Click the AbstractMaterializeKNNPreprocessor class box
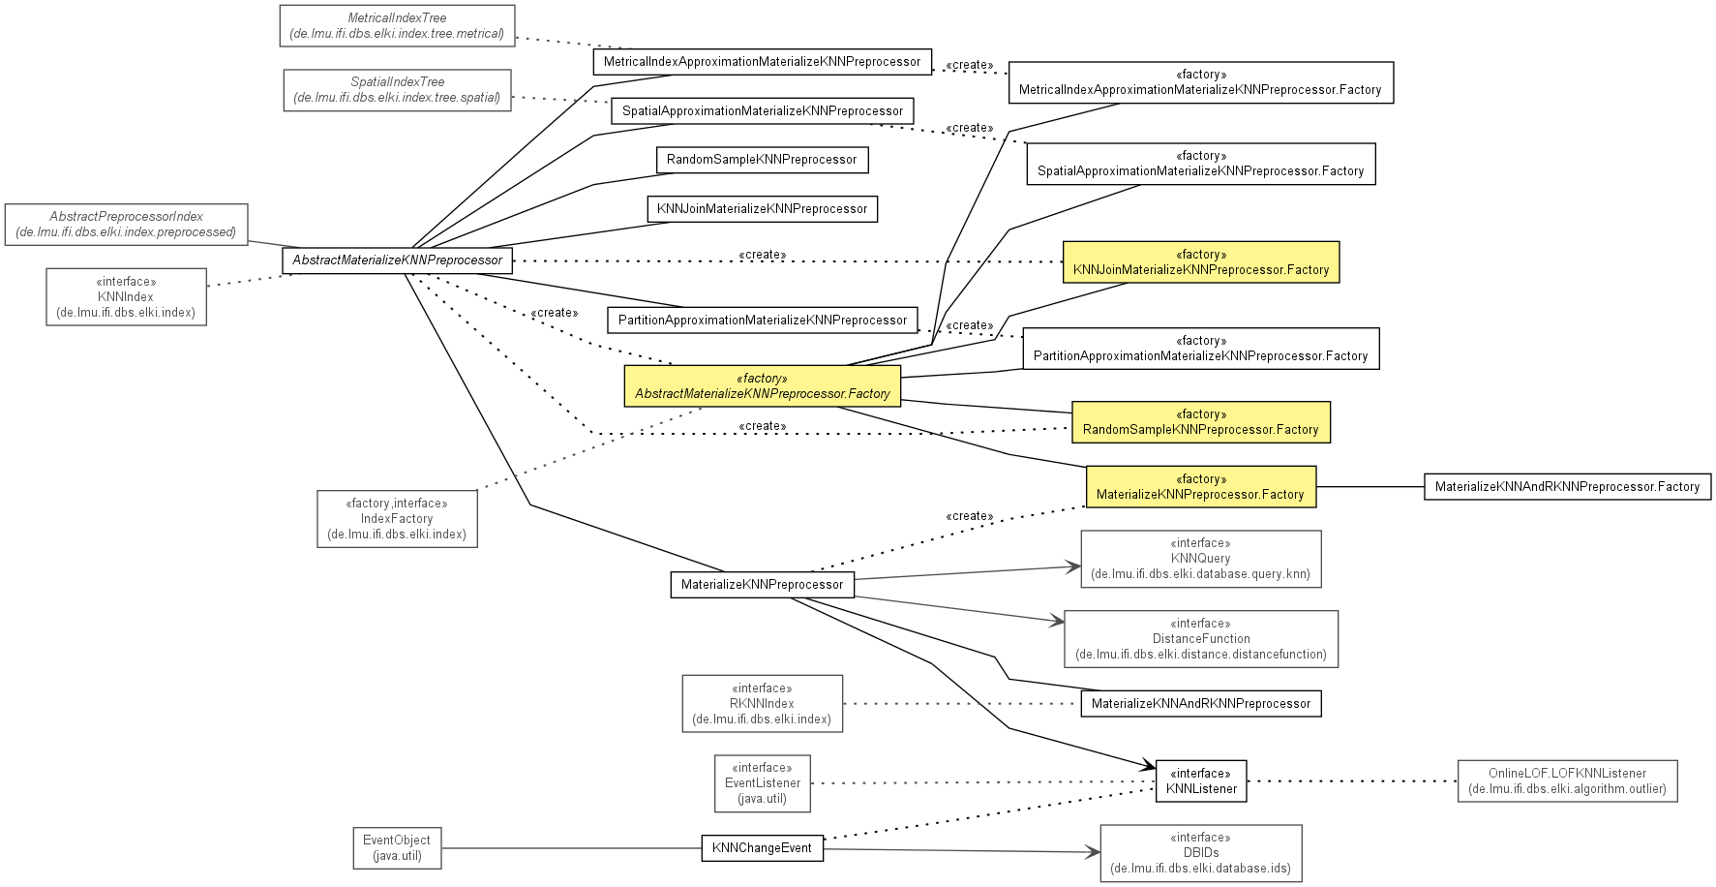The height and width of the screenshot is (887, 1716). pos(397,260)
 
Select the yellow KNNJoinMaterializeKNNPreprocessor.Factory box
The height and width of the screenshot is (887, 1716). pos(1201,262)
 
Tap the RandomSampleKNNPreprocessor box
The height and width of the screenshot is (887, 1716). pos(762,160)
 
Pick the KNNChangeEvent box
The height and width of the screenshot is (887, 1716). pos(762,848)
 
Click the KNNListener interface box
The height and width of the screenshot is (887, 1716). pos(1201,781)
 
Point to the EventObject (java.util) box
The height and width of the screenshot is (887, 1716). pos(397,848)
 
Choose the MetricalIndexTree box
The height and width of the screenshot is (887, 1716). pos(397,26)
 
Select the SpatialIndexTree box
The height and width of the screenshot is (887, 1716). pos(397,90)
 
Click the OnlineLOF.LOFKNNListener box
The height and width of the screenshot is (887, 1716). pos(1567,781)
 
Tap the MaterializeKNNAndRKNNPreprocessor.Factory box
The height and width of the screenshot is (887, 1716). pos(1567,487)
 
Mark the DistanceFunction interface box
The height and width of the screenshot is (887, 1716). pos(1201,639)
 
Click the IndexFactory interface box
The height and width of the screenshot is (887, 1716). pos(397,519)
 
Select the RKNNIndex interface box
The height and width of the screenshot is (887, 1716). pos(762,704)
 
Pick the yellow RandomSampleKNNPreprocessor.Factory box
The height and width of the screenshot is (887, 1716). pos(1201,422)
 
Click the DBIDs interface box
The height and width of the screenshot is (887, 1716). pos(1201,853)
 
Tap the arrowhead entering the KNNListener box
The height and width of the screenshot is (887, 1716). pos(1149,767)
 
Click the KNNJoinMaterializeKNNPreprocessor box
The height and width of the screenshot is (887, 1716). pos(762,209)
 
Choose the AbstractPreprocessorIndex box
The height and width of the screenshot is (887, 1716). pos(127,225)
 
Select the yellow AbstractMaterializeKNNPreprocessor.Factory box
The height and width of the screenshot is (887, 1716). pos(762,386)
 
